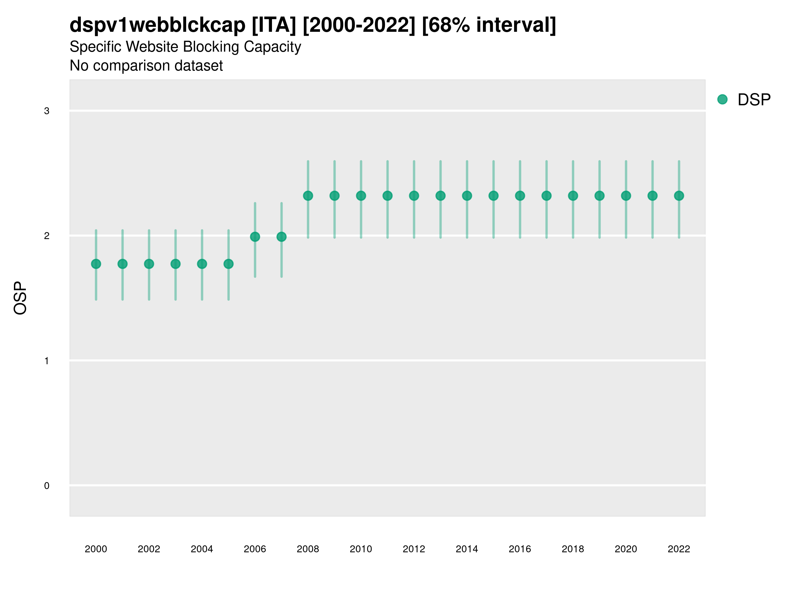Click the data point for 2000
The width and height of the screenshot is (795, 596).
click(x=96, y=264)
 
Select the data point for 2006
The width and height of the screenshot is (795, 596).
click(x=255, y=237)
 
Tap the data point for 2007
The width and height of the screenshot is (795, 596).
click(x=282, y=237)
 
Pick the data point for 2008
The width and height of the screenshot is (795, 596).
click(x=308, y=196)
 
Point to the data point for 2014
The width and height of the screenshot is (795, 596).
click(x=467, y=196)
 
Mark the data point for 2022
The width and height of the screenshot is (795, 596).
click(x=679, y=196)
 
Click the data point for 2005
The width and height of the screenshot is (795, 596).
click(x=229, y=264)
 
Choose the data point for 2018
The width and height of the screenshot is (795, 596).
click(x=573, y=196)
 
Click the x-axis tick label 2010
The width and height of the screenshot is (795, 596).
click(x=361, y=549)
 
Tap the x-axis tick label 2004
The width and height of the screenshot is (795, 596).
click(x=202, y=549)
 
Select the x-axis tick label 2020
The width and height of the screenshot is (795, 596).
click(x=626, y=549)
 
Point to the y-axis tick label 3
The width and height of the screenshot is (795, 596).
click(x=47, y=111)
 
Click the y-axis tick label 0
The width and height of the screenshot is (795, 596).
click(x=47, y=486)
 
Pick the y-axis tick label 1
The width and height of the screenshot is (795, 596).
click(x=47, y=361)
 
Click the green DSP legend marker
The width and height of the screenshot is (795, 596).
click(x=722, y=100)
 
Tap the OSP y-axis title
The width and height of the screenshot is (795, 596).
click(x=21, y=298)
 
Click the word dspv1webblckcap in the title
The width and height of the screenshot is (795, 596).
click(x=157, y=25)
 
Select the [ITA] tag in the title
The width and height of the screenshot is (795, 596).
click(x=274, y=25)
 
